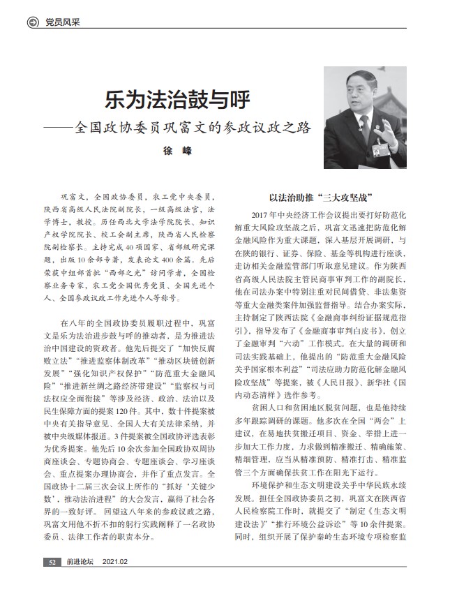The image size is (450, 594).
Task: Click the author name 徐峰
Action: click(176, 150)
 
